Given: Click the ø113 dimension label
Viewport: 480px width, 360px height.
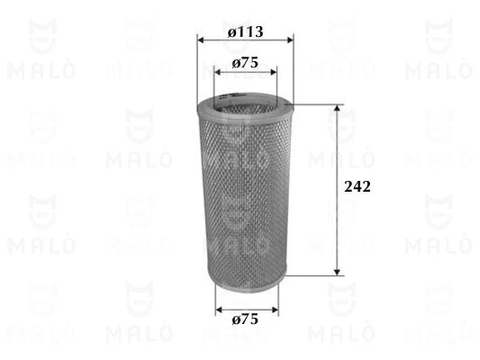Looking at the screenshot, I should [245, 31].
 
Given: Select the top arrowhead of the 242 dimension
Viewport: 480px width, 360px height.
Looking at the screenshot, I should [338, 108].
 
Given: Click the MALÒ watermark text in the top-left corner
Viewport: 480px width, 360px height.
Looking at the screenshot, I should [41, 68].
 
